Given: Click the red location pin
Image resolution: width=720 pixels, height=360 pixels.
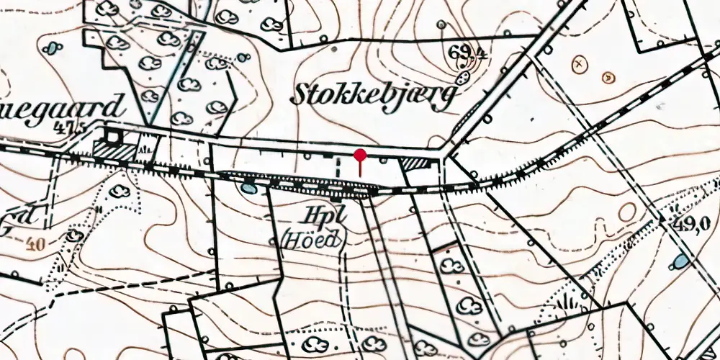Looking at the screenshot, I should click(x=360, y=155).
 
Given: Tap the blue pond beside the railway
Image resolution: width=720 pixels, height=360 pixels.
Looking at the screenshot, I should click(x=248, y=189).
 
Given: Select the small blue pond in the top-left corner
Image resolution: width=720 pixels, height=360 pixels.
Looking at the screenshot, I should click(x=51, y=49).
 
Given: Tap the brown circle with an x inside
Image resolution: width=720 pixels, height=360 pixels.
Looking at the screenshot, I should click(x=577, y=64).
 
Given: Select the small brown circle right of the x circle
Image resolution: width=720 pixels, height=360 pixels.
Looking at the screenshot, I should click(x=608, y=76).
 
